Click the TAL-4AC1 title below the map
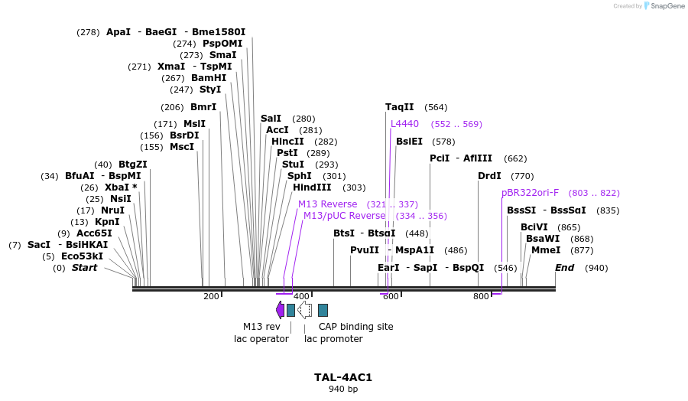click(x=343, y=377)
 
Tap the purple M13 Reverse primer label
click(x=327, y=204)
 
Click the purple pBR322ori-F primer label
click(x=530, y=193)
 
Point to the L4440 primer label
click(x=404, y=124)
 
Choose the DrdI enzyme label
click(x=489, y=176)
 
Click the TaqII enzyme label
click(x=399, y=107)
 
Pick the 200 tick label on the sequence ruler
click(x=211, y=296)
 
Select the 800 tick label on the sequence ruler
click(x=481, y=296)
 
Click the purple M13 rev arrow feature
click(x=280, y=309)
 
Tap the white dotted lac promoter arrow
click(x=304, y=309)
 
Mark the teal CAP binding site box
click(x=323, y=310)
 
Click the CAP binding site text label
click(x=355, y=327)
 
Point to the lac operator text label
click(x=261, y=339)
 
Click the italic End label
click(x=564, y=268)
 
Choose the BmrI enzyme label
click(x=203, y=107)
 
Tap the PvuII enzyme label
click(x=365, y=250)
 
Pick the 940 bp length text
click(x=343, y=389)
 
